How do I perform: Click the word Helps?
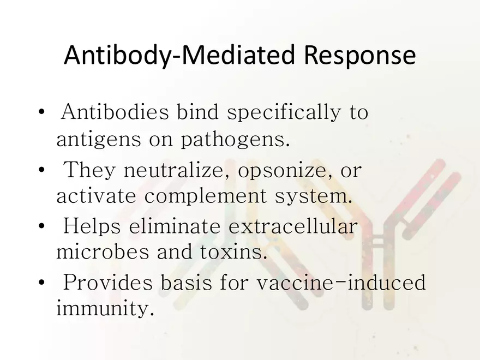pos(92,226)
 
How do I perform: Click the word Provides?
pos(107,283)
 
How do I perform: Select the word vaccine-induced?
pos(340,283)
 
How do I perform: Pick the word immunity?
pos(102,310)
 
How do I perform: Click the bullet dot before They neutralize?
pos(42,170)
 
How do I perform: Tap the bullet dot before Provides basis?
pos(42,283)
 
